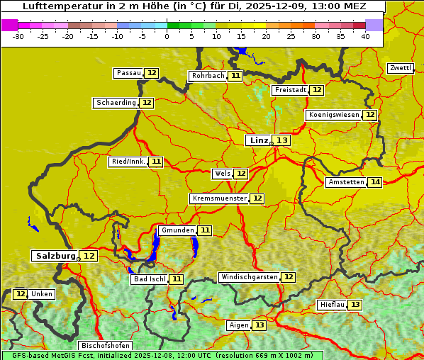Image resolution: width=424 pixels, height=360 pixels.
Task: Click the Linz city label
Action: click(x=258, y=140)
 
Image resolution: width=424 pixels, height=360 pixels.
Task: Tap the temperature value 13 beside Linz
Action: click(x=282, y=140)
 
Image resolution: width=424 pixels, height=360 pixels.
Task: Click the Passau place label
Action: click(x=128, y=73)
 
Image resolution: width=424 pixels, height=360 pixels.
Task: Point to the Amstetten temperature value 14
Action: click(x=375, y=182)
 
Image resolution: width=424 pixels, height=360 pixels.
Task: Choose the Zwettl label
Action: click(x=400, y=68)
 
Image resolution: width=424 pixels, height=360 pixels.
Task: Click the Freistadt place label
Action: click(x=290, y=90)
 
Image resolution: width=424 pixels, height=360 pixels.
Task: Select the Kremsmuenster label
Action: click(x=219, y=198)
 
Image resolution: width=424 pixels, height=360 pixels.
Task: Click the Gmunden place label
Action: click(x=177, y=230)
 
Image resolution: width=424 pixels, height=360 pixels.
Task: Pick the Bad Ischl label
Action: click(x=149, y=279)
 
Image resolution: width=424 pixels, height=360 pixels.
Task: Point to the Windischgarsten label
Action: click(x=249, y=277)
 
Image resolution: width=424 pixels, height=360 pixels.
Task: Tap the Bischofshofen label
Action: click(x=105, y=346)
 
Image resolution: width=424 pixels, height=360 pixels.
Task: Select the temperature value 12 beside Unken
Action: click(x=21, y=294)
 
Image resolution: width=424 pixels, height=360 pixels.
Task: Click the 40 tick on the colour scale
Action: click(x=365, y=36)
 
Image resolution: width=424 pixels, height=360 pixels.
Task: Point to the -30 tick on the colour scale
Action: click(x=18, y=36)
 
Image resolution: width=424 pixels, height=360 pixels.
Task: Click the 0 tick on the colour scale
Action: click(x=167, y=36)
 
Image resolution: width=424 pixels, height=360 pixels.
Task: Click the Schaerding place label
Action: click(x=116, y=103)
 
